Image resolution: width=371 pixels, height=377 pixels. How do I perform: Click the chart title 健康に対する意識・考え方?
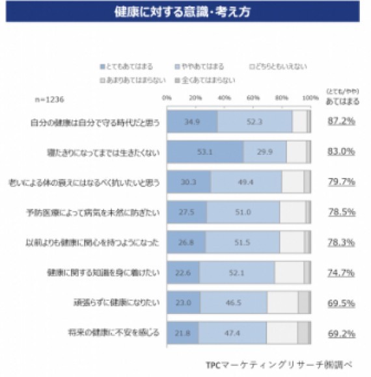(x=185, y=12)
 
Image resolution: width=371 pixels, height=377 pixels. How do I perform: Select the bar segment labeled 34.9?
(x=192, y=122)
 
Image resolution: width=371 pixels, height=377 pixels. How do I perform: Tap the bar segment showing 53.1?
(x=205, y=151)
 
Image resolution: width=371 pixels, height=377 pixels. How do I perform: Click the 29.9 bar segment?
(x=264, y=151)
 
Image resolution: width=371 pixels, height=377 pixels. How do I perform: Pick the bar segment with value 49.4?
(x=245, y=182)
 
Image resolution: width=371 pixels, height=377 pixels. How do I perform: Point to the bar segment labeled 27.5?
(x=187, y=212)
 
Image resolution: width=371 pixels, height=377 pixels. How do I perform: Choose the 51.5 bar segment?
(x=242, y=242)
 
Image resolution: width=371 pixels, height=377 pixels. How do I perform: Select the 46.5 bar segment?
(x=233, y=302)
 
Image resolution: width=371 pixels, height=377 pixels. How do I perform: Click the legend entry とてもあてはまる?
(x=128, y=66)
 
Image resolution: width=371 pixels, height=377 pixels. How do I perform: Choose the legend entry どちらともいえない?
(x=280, y=66)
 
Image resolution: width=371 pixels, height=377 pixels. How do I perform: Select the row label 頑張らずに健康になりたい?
(x=117, y=303)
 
